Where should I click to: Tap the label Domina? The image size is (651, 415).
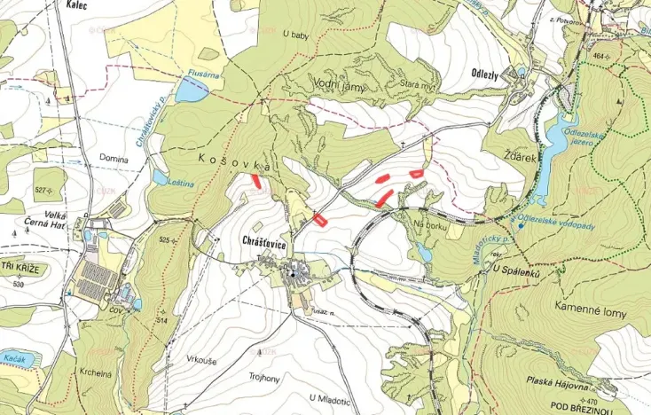(114, 160)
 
